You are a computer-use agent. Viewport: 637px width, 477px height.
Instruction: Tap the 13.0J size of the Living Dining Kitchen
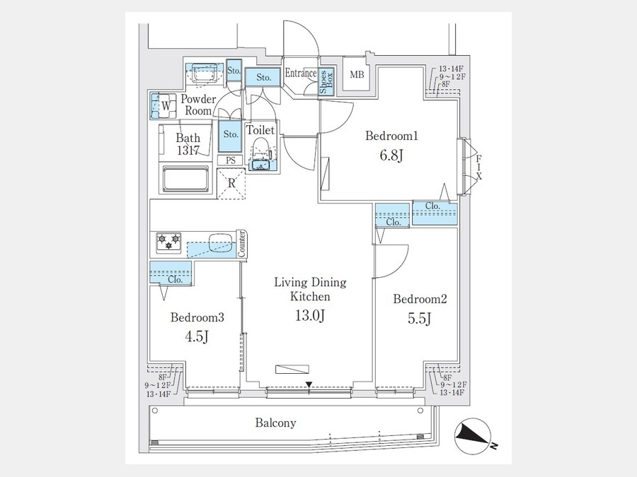point(310,316)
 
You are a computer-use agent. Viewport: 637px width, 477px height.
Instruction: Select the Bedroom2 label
point(420,300)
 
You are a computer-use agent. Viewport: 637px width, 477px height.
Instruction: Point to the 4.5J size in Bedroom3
point(197,336)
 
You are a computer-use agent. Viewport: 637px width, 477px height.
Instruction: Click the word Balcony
point(275,423)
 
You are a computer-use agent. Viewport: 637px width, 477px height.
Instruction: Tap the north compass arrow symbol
point(473,437)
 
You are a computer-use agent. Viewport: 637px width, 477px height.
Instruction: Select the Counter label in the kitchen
point(241,242)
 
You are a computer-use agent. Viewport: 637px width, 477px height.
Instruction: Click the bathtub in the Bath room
point(186,179)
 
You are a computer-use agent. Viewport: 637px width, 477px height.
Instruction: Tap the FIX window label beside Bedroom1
point(479,167)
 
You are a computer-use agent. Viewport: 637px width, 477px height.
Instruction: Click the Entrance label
point(301,72)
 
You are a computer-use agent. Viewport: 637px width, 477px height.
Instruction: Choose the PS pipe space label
point(231,160)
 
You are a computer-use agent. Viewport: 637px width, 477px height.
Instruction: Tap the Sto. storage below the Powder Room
point(231,134)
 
